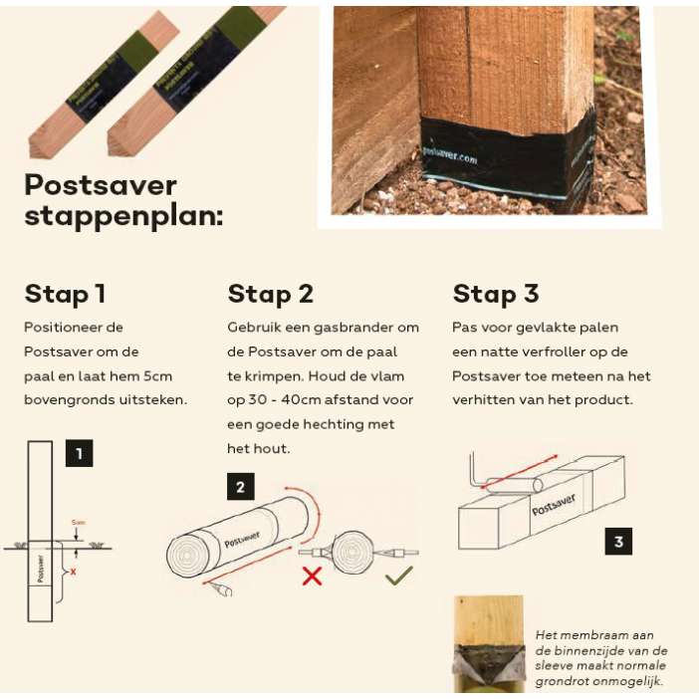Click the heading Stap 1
click(65, 294)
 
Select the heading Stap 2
click(271, 294)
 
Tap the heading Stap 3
click(495, 294)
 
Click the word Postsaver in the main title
click(101, 185)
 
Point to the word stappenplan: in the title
click(123, 216)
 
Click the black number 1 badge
click(80, 454)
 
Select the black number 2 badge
click(240, 487)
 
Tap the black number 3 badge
click(618, 542)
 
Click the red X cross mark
click(312, 576)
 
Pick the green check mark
click(399, 575)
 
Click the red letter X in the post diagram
click(73, 572)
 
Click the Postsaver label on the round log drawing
click(244, 539)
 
